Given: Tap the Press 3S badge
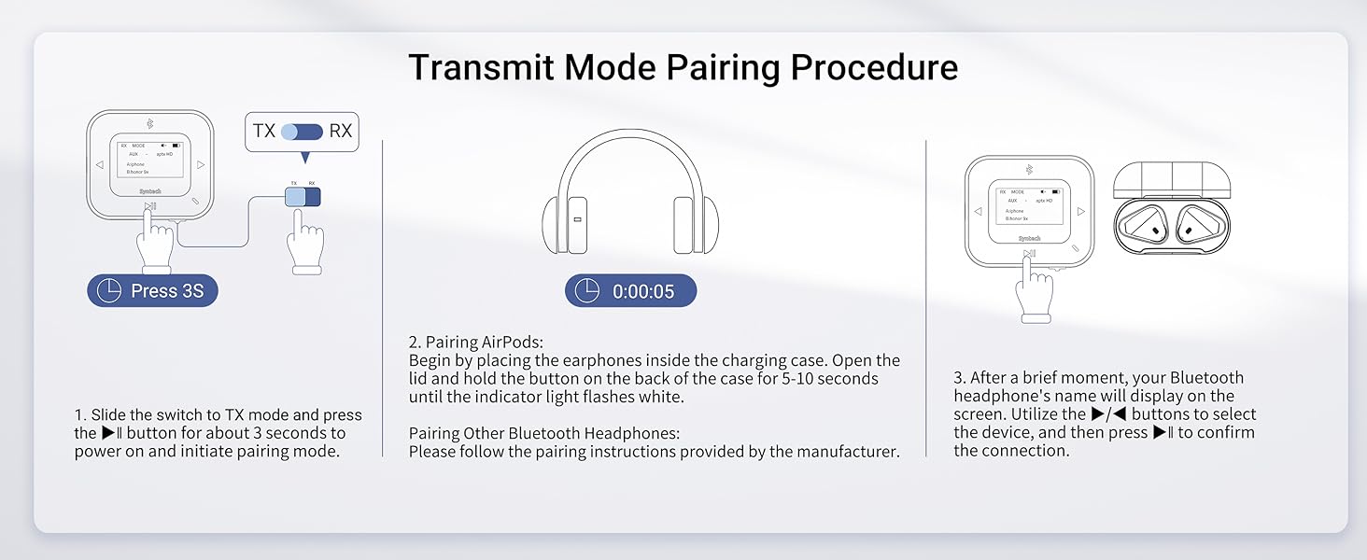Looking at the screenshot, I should (152, 291).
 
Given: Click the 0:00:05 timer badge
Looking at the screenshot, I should (630, 291).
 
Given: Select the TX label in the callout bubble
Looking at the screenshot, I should (264, 131).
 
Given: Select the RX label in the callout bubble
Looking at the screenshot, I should (341, 131).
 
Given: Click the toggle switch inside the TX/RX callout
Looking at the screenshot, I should (302, 131).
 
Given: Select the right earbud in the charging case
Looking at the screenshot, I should (1198, 225).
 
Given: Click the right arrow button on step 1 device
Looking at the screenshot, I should (201, 165).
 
